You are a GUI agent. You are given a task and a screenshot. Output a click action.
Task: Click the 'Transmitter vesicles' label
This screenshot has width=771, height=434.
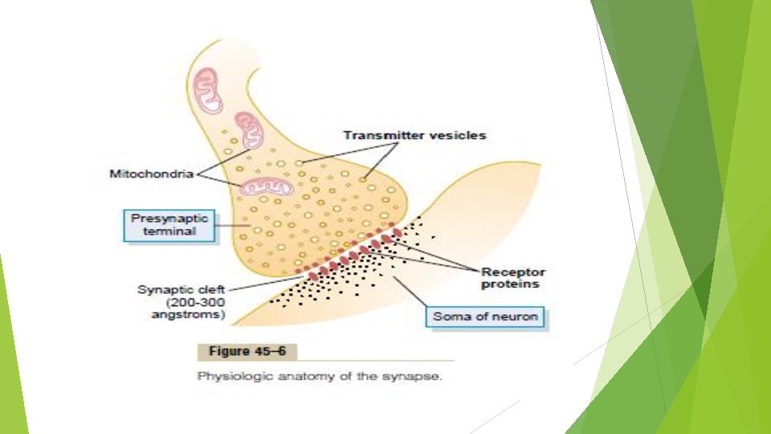(x=414, y=136)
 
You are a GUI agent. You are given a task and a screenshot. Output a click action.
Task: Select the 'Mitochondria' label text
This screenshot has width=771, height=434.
(x=152, y=174)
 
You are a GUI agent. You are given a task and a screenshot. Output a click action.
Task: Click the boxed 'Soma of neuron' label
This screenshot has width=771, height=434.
(x=485, y=316)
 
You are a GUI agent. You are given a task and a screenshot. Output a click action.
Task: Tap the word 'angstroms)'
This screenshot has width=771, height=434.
(x=188, y=315)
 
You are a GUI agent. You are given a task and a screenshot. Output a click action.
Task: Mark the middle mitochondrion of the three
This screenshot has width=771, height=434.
(x=248, y=129)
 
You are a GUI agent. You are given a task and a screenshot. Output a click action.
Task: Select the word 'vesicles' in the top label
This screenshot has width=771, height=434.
(x=458, y=136)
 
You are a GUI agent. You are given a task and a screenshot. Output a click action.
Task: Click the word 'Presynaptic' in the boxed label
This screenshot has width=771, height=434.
(x=170, y=219)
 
